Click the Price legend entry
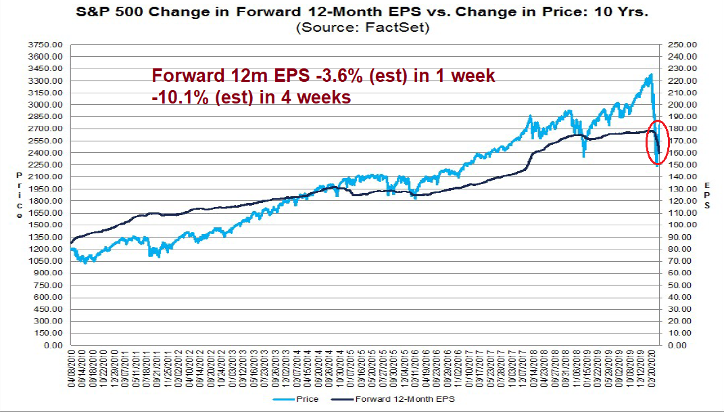pos(302,399)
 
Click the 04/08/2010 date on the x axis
pos(72,369)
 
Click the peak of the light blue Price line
pos(650,74)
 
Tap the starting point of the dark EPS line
pos(71,242)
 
